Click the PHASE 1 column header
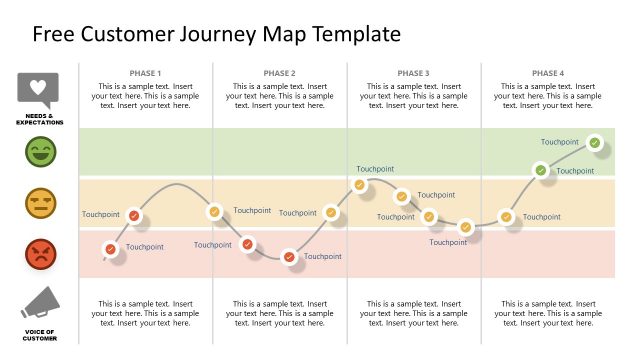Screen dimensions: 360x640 click(145, 73)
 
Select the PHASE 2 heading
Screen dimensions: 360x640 click(279, 73)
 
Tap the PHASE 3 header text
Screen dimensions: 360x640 click(413, 73)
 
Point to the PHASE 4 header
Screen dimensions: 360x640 click(547, 73)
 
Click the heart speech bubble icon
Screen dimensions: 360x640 click(39, 90)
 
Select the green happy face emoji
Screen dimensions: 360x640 click(41, 152)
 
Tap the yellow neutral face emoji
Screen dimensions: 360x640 click(41, 204)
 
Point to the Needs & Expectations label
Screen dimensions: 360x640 click(40, 121)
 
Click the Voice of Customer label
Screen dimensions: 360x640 click(40, 336)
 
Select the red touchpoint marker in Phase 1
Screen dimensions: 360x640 click(111, 249)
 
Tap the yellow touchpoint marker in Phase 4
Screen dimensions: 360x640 click(506, 217)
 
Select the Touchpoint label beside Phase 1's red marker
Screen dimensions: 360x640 click(145, 247)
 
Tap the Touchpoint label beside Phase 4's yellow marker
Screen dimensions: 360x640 click(542, 217)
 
